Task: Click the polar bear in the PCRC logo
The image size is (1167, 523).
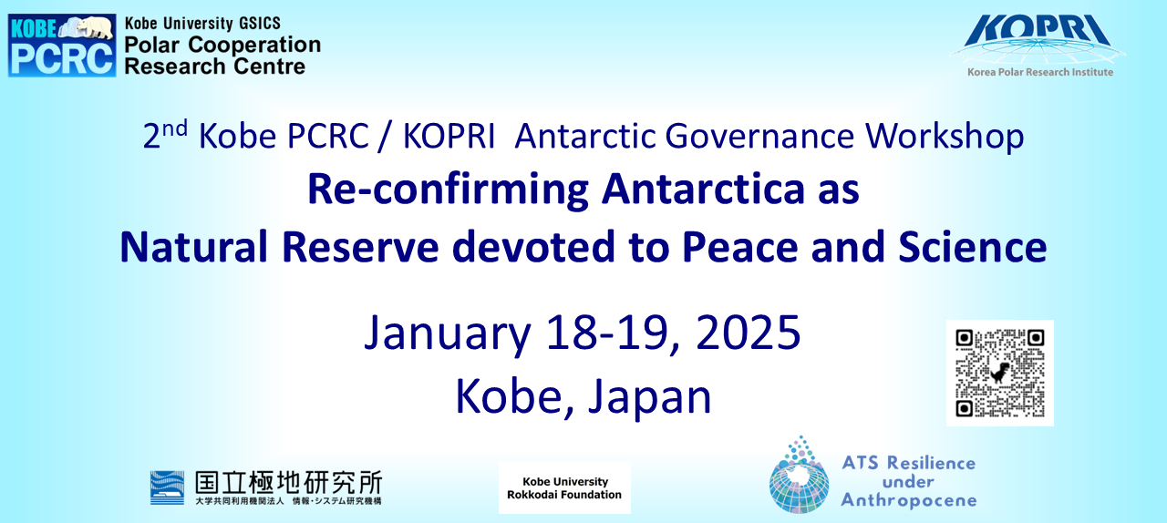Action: click(94, 26)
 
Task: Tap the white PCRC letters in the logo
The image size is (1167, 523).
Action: click(62, 59)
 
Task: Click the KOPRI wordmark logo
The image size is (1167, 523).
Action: click(1038, 30)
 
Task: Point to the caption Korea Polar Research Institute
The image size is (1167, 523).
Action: click(1040, 72)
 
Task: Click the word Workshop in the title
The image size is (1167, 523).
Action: click(945, 137)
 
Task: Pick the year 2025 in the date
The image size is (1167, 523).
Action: click(748, 332)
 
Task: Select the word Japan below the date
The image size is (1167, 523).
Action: click(649, 398)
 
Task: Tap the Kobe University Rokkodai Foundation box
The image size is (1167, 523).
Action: click(564, 487)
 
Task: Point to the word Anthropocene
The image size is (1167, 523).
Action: click(909, 500)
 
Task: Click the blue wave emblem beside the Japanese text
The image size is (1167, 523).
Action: click(167, 487)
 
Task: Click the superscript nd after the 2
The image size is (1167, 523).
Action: click(175, 128)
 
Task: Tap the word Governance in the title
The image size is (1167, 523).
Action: click(759, 137)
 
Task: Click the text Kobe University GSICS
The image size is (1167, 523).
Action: click(202, 24)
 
